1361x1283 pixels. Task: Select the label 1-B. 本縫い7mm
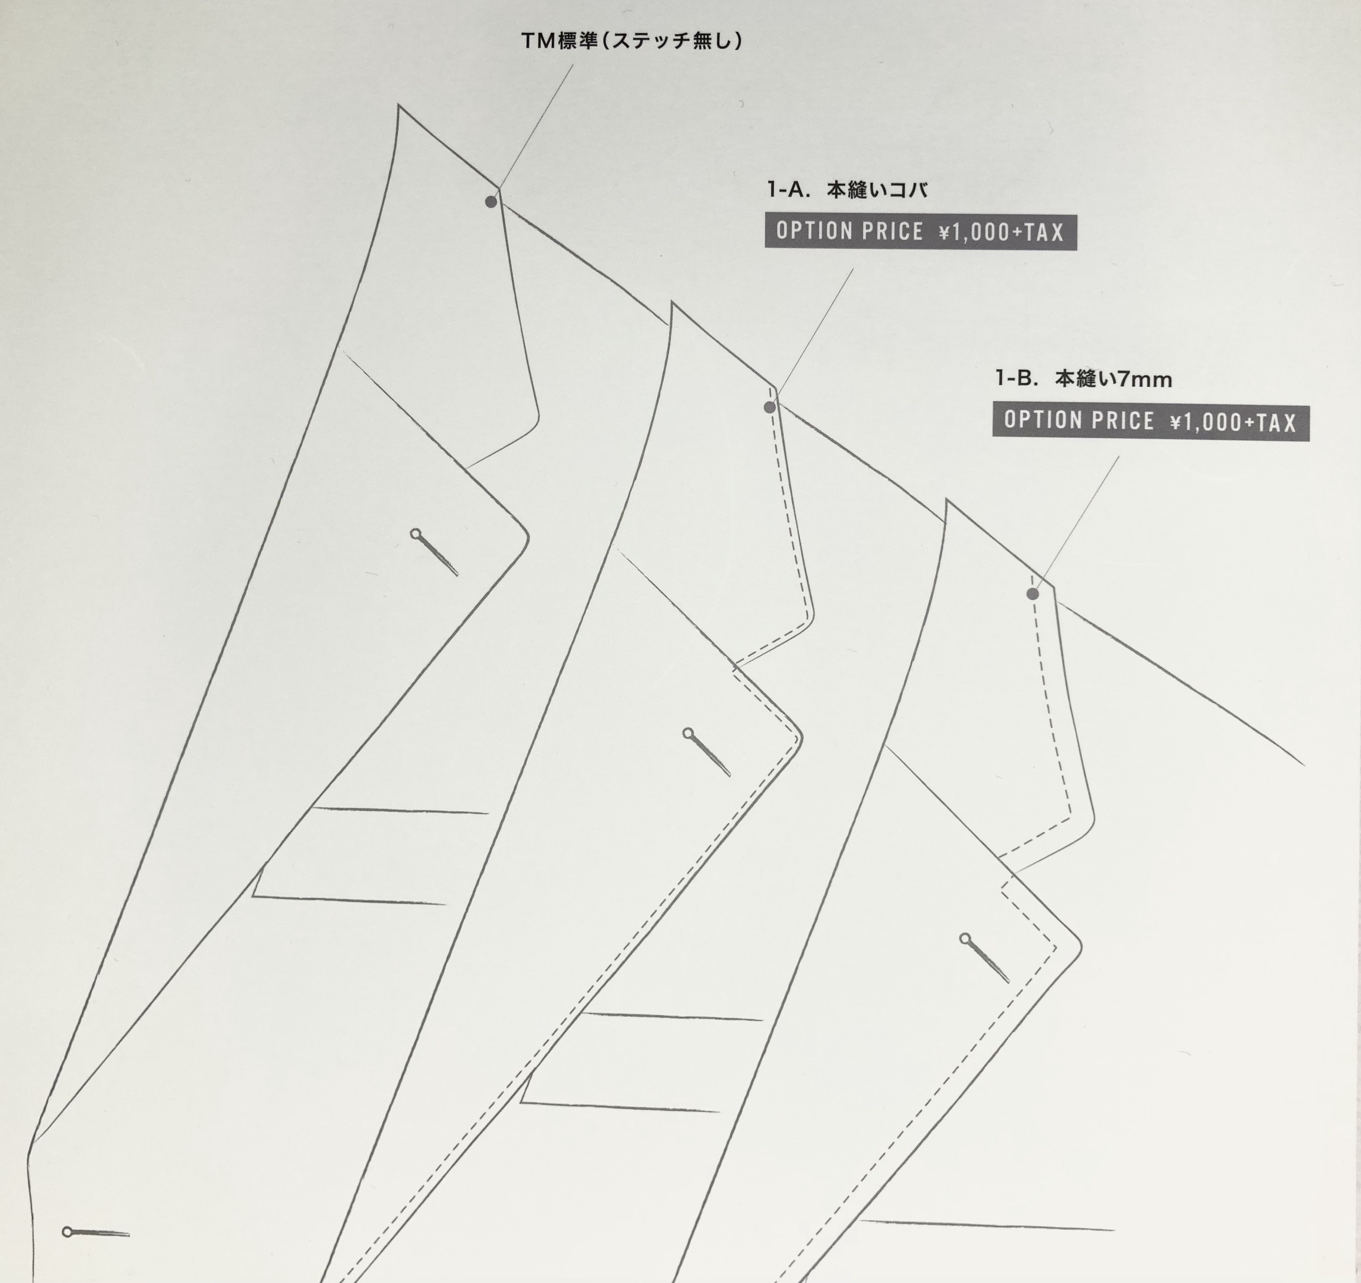(1083, 379)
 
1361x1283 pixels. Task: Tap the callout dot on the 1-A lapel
(770, 407)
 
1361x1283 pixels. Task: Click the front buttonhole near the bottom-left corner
(96, 1232)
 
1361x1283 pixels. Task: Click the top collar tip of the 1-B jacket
(947, 501)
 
